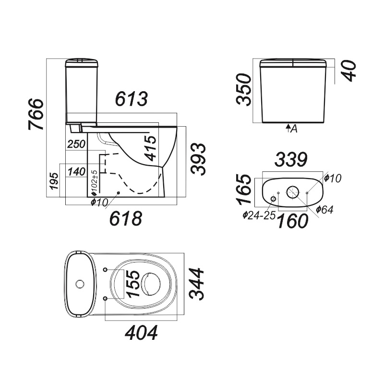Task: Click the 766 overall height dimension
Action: pyautogui.click(x=36, y=114)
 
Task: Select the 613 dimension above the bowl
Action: pyautogui.click(x=132, y=99)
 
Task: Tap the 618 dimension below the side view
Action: pyautogui.click(x=126, y=218)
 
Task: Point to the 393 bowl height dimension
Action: pyautogui.click(x=198, y=159)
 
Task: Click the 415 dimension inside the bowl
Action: pyautogui.click(x=150, y=148)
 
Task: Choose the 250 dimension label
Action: pyautogui.click(x=76, y=144)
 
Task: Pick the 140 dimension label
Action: pyautogui.click(x=77, y=171)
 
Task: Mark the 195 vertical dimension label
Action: pyautogui.click(x=54, y=181)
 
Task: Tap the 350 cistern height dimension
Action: pyautogui.click(x=244, y=90)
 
